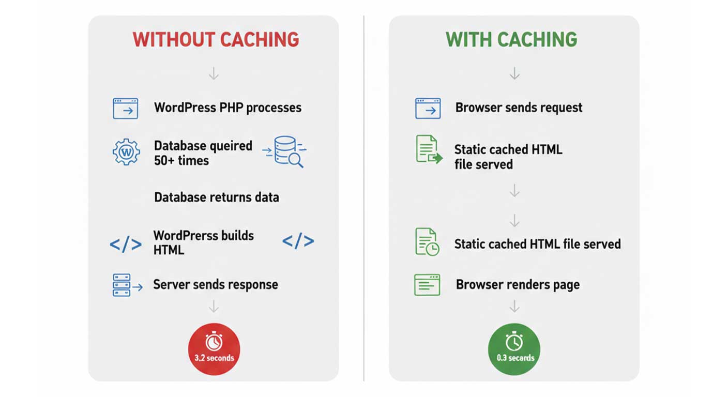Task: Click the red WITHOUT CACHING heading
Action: point(216,40)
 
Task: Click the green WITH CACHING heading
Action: point(511,40)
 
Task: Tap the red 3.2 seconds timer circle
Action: point(214,349)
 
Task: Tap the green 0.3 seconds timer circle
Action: point(514,349)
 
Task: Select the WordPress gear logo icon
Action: point(127,151)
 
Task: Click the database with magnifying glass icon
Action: point(285,151)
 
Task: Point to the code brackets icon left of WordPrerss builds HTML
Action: point(126,244)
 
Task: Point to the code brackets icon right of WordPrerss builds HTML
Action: point(298,241)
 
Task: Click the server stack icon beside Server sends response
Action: point(127,285)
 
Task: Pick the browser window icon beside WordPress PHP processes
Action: point(126,109)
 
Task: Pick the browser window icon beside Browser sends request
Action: point(428,108)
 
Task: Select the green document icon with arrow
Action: point(429,149)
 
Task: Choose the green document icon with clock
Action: point(427,242)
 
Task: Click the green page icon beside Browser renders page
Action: point(427,285)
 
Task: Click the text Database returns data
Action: point(217,197)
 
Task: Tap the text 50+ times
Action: point(181,160)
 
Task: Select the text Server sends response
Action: point(216,285)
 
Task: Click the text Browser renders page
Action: point(518,285)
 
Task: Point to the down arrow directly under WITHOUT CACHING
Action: point(214,73)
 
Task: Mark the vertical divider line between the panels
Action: point(363,198)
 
